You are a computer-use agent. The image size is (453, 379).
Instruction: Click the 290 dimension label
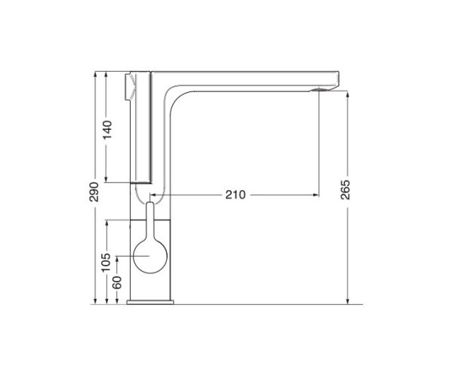(94, 192)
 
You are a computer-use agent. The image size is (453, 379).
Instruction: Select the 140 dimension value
(107, 130)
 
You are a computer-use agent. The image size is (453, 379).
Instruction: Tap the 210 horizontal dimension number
(236, 195)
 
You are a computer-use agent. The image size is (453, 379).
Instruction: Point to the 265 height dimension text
(346, 189)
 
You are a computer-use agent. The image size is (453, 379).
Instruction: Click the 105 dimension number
(106, 262)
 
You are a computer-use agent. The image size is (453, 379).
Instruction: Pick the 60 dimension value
(117, 282)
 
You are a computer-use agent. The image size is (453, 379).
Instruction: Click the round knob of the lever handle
(150, 256)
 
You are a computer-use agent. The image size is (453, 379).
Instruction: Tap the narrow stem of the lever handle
(150, 220)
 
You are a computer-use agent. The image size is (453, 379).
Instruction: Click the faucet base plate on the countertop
(150, 302)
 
